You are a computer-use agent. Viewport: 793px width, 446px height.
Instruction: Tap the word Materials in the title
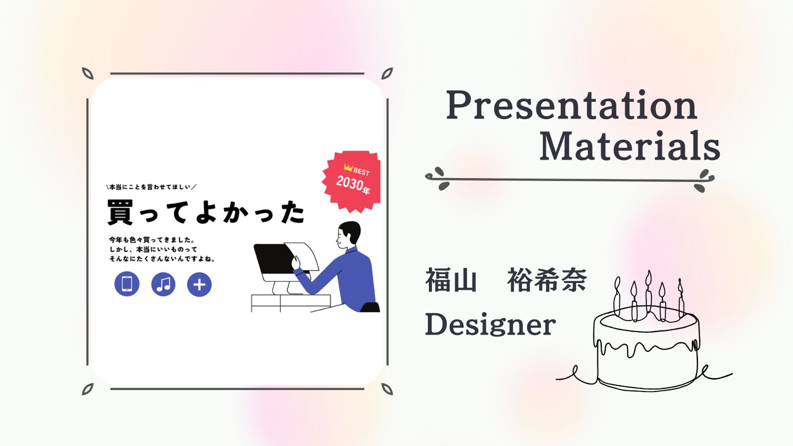629,146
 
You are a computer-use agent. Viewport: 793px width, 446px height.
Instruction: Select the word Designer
490,324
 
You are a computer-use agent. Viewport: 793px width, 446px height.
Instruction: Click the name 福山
451,280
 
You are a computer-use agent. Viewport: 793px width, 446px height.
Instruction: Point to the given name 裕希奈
547,280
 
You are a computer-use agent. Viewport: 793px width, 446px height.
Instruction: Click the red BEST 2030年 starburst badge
351,181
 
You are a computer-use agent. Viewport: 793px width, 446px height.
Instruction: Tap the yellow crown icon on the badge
348,168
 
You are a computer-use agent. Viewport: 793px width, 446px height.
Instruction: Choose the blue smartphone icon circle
127,284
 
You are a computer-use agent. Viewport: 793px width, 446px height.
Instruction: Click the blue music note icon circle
163,284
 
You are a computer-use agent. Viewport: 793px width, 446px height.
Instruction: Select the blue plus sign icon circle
199,285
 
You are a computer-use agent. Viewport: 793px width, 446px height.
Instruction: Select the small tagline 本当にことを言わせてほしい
151,187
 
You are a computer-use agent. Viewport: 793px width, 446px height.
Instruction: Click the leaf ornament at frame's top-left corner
88,73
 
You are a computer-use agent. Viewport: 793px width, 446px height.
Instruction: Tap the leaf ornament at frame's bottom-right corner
387,389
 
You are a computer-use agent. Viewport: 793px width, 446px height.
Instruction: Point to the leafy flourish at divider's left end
438,178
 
